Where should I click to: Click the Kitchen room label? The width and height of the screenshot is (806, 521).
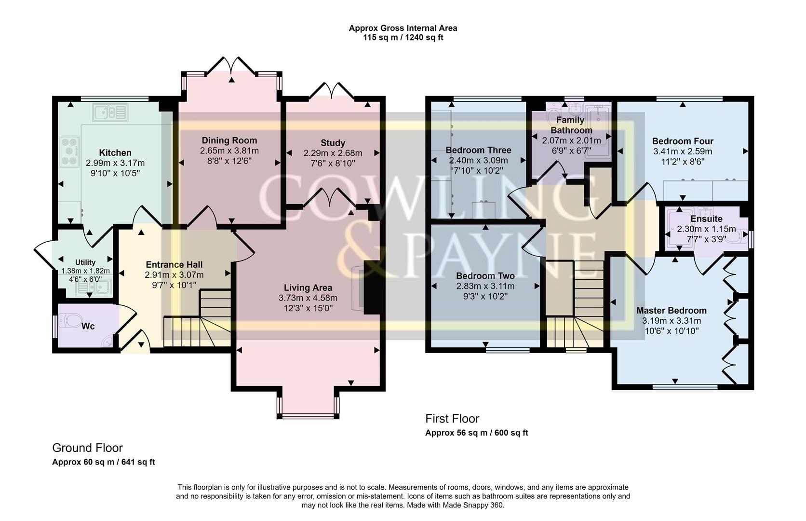click(x=115, y=153)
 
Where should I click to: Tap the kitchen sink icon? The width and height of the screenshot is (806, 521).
click(x=111, y=113)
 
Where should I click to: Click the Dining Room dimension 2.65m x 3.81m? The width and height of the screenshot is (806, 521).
click(x=229, y=151)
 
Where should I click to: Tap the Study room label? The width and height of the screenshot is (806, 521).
click(x=333, y=143)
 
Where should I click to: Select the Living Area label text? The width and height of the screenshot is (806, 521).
click(x=308, y=288)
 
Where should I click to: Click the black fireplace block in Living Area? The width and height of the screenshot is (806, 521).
click(x=372, y=288)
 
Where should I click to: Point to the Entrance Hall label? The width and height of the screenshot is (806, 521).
click(x=174, y=265)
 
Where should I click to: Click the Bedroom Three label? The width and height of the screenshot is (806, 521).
click(x=478, y=150)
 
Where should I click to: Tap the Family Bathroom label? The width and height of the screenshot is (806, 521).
click(x=571, y=125)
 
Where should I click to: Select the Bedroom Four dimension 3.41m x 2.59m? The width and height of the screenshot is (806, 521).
click(x=682, y=151)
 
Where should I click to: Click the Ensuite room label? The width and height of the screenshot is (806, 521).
click(x=706, y=219)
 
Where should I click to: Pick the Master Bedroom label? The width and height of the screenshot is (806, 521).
click(x=671, y=311)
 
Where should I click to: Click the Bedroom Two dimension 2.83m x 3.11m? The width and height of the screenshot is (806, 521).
click(x=485, y=286)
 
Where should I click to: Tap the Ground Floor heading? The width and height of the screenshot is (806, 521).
click(x=87, y=448)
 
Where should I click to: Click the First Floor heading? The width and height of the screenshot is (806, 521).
click(x=452, y=419)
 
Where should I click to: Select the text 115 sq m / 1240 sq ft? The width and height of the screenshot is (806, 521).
click(x=403, y=38)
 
